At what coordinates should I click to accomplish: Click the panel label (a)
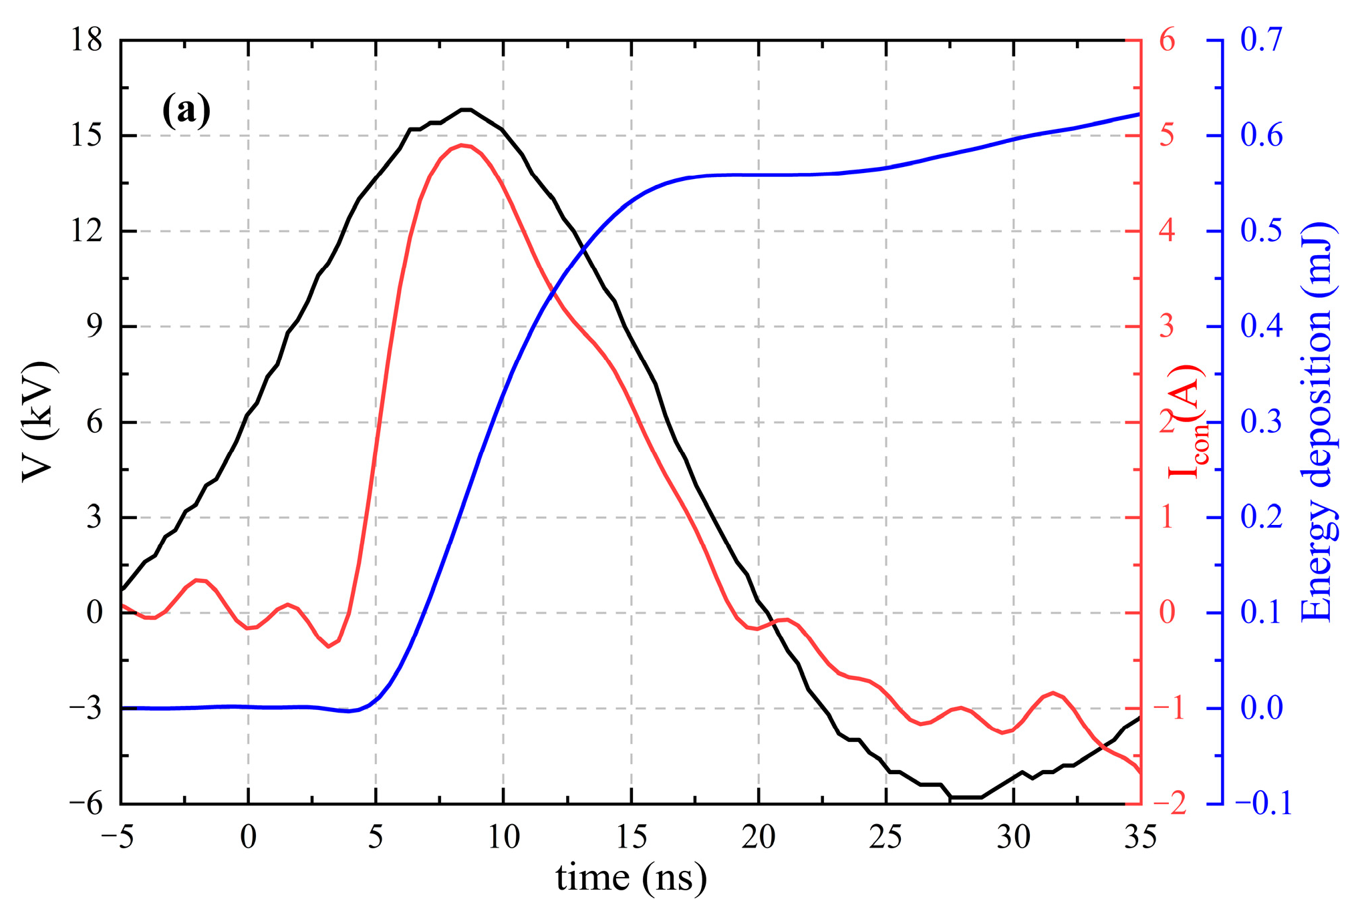pos(186,110)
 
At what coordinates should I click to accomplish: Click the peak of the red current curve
pos(462,145)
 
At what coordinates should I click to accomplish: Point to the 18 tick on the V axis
pos(87,40)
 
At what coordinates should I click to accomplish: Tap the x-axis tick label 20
pos(759,837)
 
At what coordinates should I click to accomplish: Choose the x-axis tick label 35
pos(1140,837)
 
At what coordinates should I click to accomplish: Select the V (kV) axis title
pos(38,422)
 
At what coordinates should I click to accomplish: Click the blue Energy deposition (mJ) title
pos(1318,422)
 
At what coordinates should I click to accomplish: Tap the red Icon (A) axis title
pos(1186,422)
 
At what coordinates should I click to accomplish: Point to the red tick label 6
pos(1167,40)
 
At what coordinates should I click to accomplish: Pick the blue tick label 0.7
pos(1262,40)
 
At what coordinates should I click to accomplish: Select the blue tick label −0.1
pos(1262,803)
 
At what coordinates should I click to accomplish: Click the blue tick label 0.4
pos(1262,327)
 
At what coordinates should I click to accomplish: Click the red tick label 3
pos(1167,327)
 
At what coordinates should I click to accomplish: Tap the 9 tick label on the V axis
pos(94,327)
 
